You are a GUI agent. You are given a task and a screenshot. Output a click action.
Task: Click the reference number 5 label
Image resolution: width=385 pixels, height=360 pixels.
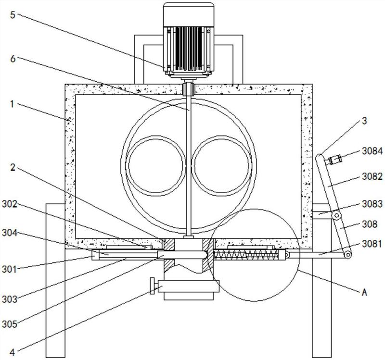[13, 15]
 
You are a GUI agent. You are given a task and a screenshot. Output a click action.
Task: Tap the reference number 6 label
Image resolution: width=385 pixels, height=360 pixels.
[13, 59]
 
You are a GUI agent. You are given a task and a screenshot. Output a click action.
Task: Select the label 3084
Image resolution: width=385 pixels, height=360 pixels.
[372, 151]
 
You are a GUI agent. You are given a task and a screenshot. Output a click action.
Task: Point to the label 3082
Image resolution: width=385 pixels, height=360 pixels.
[372, 176]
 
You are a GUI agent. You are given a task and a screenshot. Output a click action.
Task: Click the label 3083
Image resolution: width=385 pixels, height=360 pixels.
[372, 204]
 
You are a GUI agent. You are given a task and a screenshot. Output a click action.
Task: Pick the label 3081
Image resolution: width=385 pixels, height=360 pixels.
[372, 244]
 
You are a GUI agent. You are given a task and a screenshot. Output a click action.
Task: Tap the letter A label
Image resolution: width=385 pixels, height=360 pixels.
[364, 292]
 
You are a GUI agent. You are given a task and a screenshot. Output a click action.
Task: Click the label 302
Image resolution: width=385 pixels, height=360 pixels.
[10, 204]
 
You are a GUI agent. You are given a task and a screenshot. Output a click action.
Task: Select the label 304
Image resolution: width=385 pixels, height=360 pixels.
[10, 233]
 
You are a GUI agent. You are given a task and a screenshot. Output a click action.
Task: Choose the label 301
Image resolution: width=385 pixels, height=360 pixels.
[10, 270]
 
